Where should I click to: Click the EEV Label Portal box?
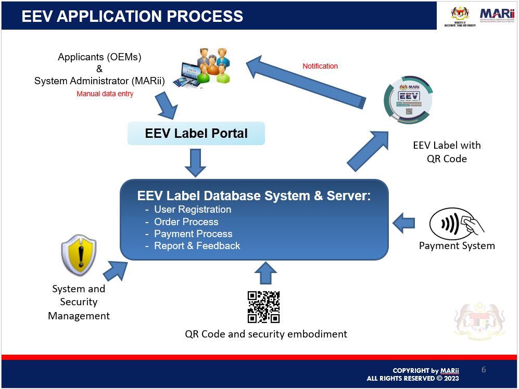click(x=196, y=133)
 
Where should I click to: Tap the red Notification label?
click(x=320, y=66)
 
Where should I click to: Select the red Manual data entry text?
click(x=105, y=94)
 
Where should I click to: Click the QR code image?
click(x=263, y=307)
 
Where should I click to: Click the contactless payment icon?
click(x=456, y=224)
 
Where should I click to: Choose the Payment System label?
click(x=457, y=245)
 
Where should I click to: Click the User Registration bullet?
click(x=192, y=210)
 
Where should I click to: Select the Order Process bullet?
click(x=186, y=222)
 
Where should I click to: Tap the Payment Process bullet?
click(x=193, y=234)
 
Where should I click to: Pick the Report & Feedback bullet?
click(x=197, y=246)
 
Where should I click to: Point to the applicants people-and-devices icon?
click(x=205, y=67)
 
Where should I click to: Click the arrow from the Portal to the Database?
click(x=196, y=163)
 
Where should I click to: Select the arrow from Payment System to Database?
click(x=404, y=224)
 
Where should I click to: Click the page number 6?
click(x=484, y=370)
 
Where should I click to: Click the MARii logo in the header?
click(x=497, y=15)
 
